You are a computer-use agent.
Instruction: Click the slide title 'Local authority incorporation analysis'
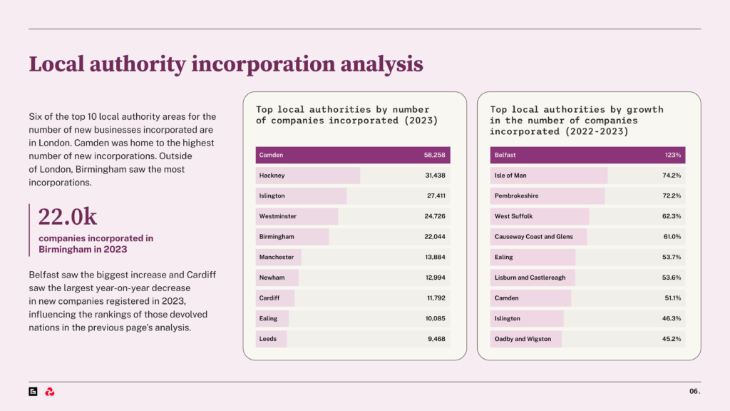coord(225,65)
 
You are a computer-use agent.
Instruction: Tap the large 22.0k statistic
coord(68,216)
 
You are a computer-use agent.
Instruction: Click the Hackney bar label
coord(272,176)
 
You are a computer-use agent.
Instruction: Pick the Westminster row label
coord(278,216)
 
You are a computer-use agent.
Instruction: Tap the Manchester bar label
coord(277,257)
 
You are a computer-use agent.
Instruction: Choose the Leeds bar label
coord(268,339)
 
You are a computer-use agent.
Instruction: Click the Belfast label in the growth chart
coord(505,155)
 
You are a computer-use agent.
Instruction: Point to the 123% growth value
coord(673,155)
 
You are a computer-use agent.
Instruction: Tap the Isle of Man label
coord(510,176)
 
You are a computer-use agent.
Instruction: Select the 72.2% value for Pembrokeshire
coord(672,196)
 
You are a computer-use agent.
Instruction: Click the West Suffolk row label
coord(513,216)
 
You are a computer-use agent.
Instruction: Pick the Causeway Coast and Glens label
coord(533,236)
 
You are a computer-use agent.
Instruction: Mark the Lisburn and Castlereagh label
coord(530,278)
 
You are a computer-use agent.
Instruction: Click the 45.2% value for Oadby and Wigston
coord(672,339)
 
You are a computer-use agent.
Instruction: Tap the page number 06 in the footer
coord(694,392)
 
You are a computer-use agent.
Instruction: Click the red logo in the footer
coord(50,392)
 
